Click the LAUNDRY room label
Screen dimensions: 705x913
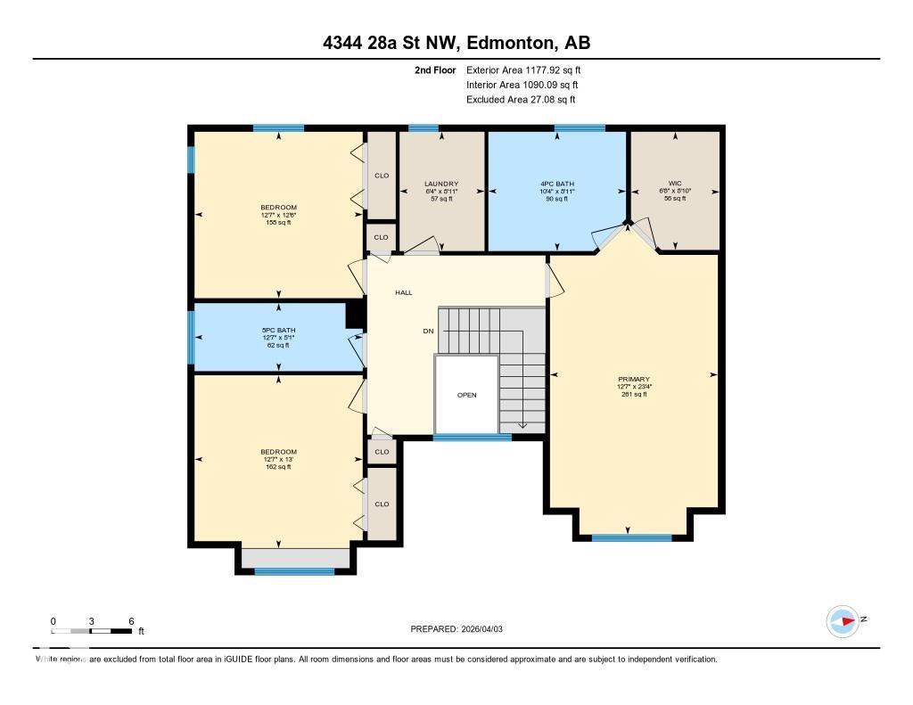(441, 184)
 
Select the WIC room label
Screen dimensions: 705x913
(675, 184)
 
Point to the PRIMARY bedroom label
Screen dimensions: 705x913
(634, 379)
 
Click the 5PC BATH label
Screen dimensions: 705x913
(279, 331)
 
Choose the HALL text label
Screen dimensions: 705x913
(404, 292)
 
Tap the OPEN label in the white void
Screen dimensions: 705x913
(466, 395)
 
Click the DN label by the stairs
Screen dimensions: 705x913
(428, 331)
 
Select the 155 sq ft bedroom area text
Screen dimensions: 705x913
(279, 223)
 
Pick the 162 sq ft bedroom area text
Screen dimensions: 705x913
(279, 466)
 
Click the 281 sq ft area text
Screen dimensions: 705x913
(634, 394)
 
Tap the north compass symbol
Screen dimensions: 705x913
(842, 620)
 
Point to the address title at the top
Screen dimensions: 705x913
(456, 43)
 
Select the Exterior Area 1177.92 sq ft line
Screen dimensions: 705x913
(523, 70)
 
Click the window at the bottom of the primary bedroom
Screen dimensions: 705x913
(631, 537)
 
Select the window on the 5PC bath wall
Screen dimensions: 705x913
(190, 337)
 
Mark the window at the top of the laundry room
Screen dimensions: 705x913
(424, 128)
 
